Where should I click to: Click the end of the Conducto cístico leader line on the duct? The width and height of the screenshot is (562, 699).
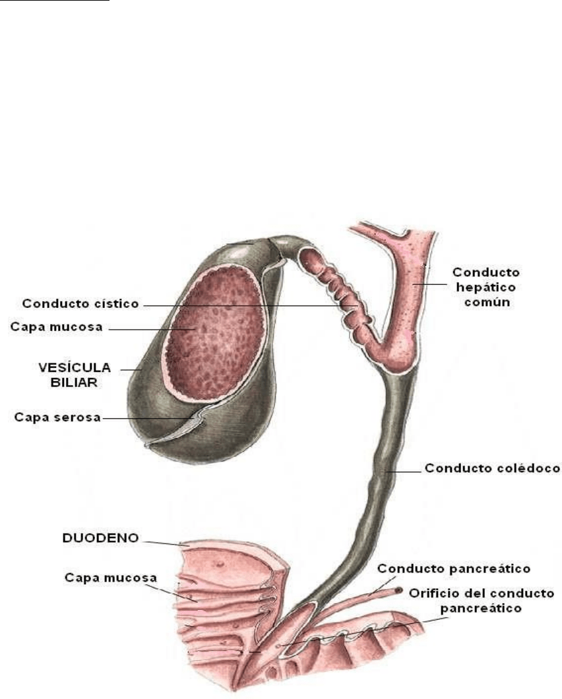357,306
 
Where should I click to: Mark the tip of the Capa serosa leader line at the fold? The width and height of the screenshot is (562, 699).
195,418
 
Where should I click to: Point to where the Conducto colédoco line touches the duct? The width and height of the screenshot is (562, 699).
385,471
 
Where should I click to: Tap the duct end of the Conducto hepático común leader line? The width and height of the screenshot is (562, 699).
412,284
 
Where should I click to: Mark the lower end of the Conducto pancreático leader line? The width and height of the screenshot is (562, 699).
369,595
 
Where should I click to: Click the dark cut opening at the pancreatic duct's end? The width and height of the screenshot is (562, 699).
397,591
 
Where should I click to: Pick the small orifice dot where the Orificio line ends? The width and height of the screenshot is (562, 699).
278,645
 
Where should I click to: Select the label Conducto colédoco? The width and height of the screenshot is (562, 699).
492,468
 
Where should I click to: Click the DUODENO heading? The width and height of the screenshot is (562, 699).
101,538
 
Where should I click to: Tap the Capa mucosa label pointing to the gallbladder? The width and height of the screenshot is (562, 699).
56,327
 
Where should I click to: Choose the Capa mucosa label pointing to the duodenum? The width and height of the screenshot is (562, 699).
111,578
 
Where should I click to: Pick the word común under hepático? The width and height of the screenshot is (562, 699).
487,302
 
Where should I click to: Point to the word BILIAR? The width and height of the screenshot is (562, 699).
74,382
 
